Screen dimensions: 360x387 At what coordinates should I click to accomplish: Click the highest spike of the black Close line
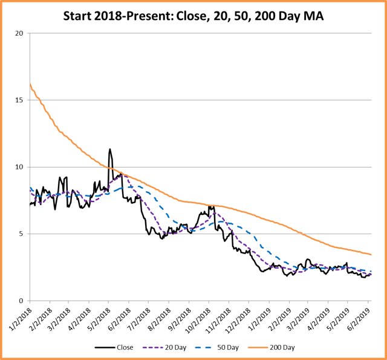[109, 149]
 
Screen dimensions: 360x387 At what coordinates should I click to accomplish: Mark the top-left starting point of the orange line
[30, 84]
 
